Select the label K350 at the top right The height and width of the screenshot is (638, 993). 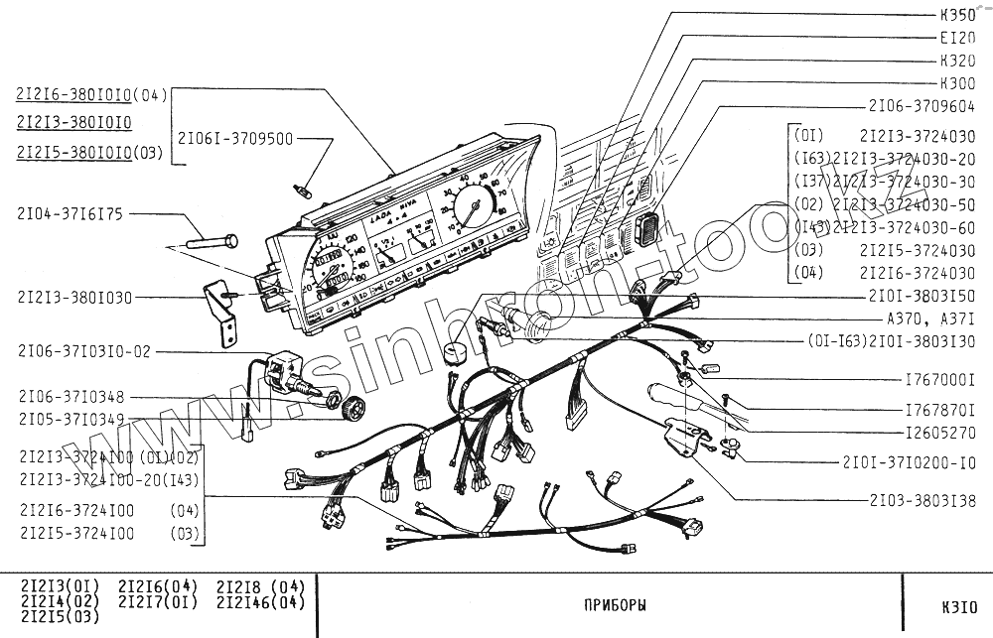tap(956, 15)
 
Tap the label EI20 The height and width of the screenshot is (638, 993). tap(956, 38)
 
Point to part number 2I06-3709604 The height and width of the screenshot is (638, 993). tap(922, 104)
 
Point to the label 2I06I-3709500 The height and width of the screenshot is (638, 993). tap(235, 139)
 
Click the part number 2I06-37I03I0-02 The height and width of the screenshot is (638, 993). tap(84, 351)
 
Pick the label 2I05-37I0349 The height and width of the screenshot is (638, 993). tap(71, 420)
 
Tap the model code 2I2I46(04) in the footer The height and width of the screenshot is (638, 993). tap(260, 601)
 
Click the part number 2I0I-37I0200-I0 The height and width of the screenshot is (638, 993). tap(909, 462)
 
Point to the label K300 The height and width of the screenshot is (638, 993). tap(956, 82)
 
